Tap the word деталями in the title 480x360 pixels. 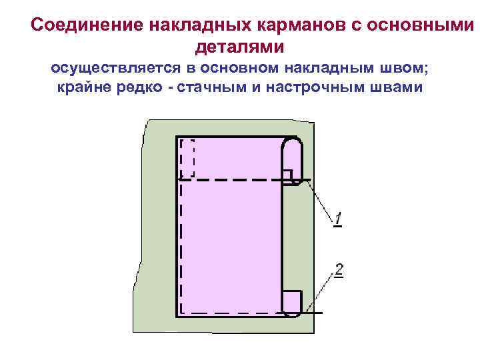(239, 47)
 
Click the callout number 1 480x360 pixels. (339, 219)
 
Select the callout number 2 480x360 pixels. (339, 271)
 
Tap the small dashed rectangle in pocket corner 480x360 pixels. (187, 158)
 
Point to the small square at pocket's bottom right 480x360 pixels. (291, 302)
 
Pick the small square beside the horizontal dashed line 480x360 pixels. (287, 175)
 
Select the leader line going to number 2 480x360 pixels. (323, 291)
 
